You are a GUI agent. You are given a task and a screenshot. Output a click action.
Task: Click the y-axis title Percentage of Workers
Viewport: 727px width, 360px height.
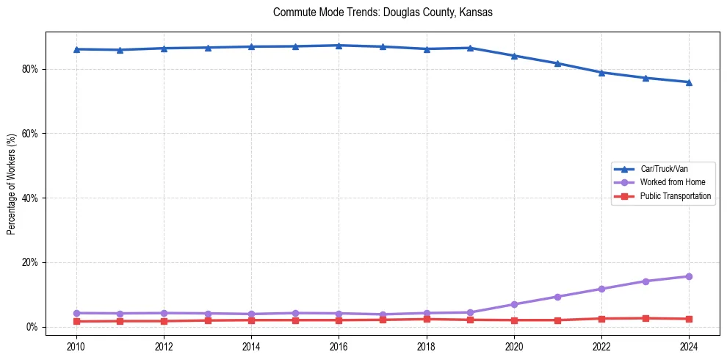11,184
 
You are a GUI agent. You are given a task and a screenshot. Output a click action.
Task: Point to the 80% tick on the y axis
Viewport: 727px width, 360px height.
32,69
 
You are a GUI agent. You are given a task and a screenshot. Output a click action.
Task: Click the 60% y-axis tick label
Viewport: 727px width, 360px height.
32,134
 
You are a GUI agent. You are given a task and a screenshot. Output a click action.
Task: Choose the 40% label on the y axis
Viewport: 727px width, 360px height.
32,198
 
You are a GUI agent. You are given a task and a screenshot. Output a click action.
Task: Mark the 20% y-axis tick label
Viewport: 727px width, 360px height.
32,262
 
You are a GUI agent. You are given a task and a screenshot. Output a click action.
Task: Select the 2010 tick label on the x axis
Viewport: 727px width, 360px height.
76,346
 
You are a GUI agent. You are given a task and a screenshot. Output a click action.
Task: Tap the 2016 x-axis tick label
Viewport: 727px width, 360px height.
339,346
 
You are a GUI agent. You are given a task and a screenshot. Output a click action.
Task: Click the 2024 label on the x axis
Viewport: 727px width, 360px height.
689,346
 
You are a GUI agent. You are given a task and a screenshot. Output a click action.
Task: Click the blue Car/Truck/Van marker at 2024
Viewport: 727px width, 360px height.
689,82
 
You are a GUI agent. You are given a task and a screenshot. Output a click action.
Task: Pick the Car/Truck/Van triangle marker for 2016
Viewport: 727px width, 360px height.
339,46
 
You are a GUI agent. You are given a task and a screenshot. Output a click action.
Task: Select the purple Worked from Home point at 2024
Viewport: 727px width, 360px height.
689,276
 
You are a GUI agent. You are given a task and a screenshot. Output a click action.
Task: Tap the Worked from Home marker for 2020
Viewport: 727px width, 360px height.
514,304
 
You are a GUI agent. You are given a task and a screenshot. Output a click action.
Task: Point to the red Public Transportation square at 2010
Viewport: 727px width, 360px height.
76,321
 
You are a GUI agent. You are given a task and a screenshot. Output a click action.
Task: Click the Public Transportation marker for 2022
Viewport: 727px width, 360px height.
601,319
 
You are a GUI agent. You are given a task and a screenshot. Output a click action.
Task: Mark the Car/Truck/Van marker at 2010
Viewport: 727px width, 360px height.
76,49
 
